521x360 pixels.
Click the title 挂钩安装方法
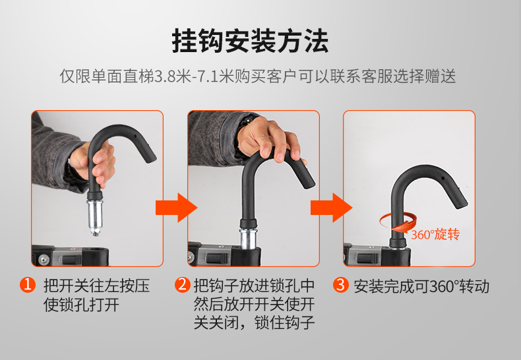[x=250, y=41]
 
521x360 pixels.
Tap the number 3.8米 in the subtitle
[x=173, y=76]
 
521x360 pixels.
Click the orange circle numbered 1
[x=28, y=285]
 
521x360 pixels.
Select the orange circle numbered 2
[x=183, y=285]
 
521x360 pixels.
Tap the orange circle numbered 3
[x=340, y=285]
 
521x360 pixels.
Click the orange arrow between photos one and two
[x=177, y=208]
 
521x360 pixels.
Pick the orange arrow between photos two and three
[x=331, y=208]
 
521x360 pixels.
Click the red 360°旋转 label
[x=435, y=235]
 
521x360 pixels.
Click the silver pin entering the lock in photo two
[x=249, y=237]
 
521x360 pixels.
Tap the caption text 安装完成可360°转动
[x=421, y=286]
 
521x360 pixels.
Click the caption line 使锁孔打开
[x=81, y=305]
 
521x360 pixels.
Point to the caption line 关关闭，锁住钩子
[x=254, y=322]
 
